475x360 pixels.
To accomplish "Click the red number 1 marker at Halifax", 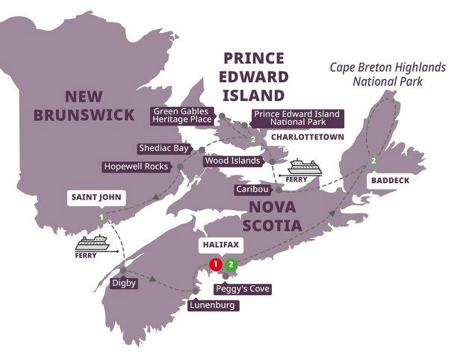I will pos(216,264).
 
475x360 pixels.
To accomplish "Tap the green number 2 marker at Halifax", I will pos(232,264).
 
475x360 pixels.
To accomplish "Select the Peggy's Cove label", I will pos(242,288).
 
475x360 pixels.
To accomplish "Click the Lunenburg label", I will pos(212,305).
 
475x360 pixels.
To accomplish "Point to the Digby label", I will pos(122,283).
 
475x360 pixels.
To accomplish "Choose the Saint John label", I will pos(96,198).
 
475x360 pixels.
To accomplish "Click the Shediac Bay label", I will pos(164,148).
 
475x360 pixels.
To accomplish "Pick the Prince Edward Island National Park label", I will pos(296,119).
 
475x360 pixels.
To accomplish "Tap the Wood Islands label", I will pos(232,161).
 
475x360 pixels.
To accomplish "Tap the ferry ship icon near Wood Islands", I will pos(304,167).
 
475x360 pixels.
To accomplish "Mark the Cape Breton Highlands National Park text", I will pos(388,75).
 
